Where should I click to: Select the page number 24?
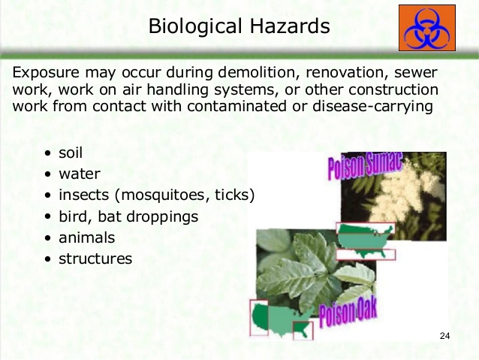[x=444, y=335]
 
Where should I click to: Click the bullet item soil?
[x=71, y=153]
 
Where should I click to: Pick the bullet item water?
[x=80, y=174]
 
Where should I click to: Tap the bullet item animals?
[x=87, y=237]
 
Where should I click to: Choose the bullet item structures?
[x=95, y=259]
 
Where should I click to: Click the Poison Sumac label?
[x=365, y=165]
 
